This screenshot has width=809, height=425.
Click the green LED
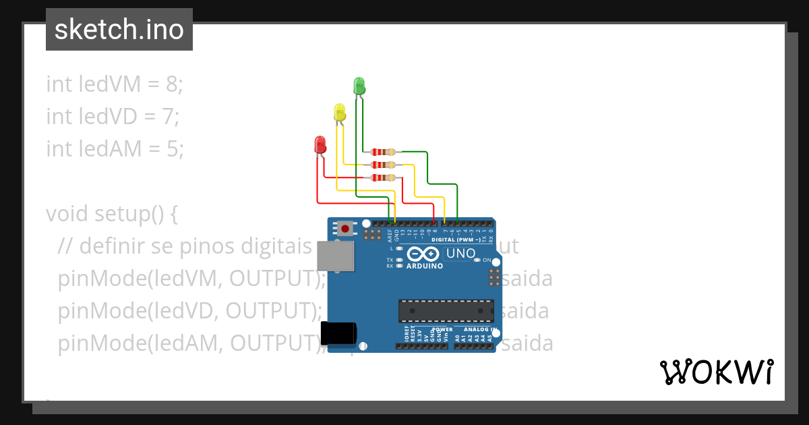tap(359, 86)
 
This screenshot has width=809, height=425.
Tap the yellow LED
tap(340, 112)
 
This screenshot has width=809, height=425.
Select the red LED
tap(320, 144)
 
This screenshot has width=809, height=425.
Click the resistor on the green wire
tap(383, 152)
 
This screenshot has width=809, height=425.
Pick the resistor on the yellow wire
tap(383, 165)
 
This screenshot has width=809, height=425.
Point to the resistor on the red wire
tap(383, 177)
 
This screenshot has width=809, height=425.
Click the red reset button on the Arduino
tap(345, 229)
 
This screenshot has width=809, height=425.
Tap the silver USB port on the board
tap(336, 256)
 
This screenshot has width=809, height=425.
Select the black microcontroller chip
tap(446, 310)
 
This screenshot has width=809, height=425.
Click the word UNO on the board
tap(462, 254)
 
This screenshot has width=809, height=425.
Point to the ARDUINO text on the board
tap(424, 266)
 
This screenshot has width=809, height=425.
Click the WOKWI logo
tap(716, 372)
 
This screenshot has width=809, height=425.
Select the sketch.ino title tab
tap(119, 30)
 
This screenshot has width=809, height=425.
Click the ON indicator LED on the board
tap(477, 260)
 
